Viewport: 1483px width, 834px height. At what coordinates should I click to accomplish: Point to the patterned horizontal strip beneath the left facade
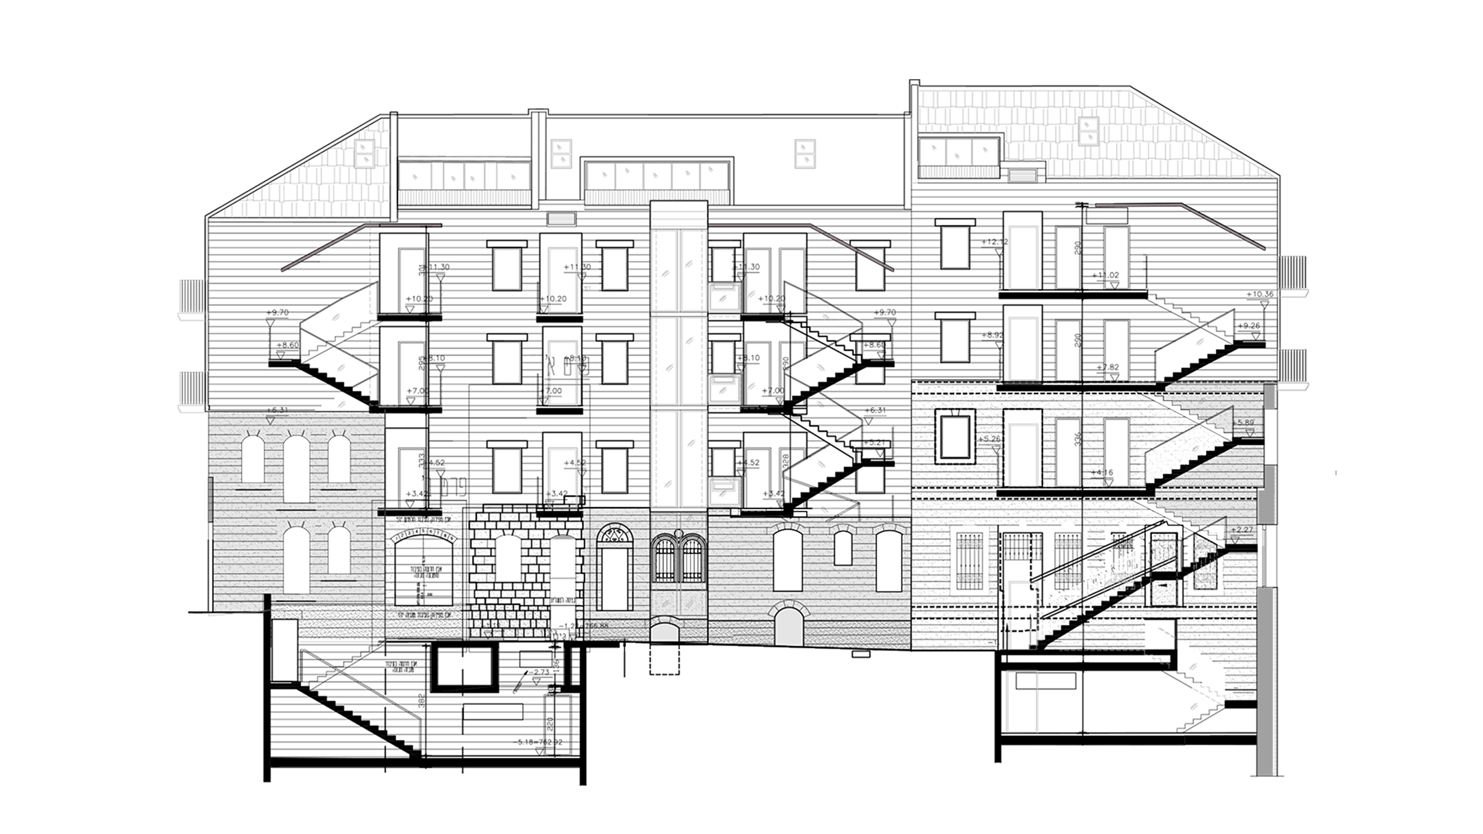click(328, 609)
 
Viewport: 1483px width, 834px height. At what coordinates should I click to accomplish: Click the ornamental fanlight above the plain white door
click(614, 535)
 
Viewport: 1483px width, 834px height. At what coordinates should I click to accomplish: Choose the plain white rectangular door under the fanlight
click(614, 579)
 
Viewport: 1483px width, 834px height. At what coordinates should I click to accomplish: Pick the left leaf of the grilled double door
click(665, 564)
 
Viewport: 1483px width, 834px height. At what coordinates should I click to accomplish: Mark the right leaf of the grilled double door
click(692, 564)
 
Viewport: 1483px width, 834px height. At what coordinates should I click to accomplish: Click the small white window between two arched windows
click(843, 548)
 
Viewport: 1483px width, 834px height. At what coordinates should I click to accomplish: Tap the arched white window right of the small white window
click(889, 561)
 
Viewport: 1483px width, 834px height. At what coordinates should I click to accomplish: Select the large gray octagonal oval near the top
click(809, 158)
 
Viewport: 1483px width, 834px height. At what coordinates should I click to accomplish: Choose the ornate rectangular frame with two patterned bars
click(970, 560)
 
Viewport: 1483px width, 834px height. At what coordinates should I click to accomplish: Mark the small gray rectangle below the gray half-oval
click(561, 219)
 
